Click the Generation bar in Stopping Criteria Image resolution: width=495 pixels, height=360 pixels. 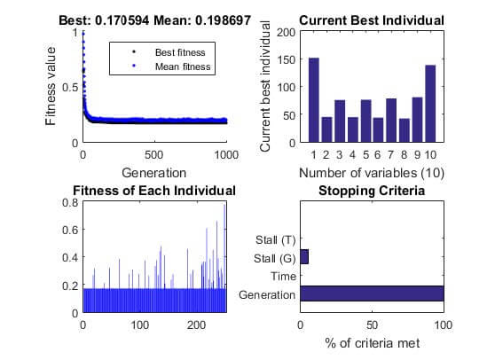tap(372, 293)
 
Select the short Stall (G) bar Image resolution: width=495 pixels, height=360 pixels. tap(304, 257)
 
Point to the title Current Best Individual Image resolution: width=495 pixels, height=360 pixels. tap(372, 20)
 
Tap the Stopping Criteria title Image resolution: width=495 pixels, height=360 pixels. tap(372, 191)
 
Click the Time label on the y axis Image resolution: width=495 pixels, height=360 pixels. tap(283, 276)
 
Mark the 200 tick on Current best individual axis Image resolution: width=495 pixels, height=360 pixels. tap(285, 32)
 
